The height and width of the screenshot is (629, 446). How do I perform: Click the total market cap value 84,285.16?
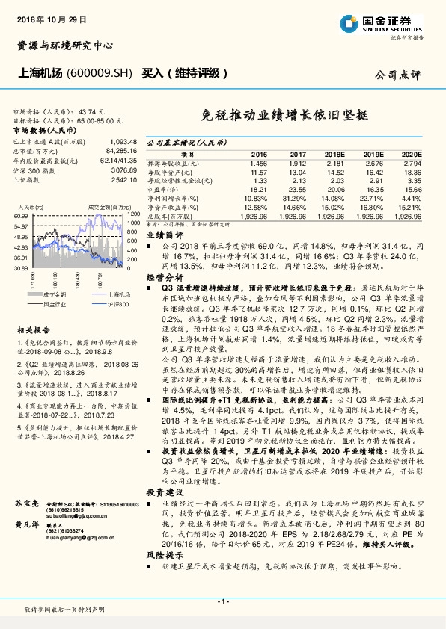coord(122,150)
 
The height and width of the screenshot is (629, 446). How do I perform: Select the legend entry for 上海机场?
coord(104,295)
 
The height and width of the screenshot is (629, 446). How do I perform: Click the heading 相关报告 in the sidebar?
coord(34,329)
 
